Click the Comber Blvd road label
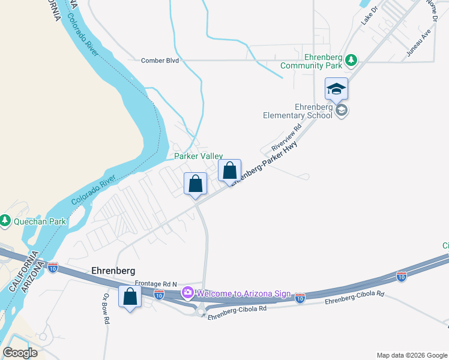[160, 61]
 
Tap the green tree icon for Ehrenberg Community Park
[351, 60]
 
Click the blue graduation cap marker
[336, 89]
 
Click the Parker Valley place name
[198, 156]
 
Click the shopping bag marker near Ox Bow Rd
[130, 296]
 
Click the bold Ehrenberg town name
[113, 271]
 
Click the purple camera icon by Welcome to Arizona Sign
[188, 293]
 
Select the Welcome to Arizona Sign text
[243, 294]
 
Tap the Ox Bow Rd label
[106, 309]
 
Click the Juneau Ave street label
[418, 42]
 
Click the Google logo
[20, 353]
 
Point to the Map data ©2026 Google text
[411, 355]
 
